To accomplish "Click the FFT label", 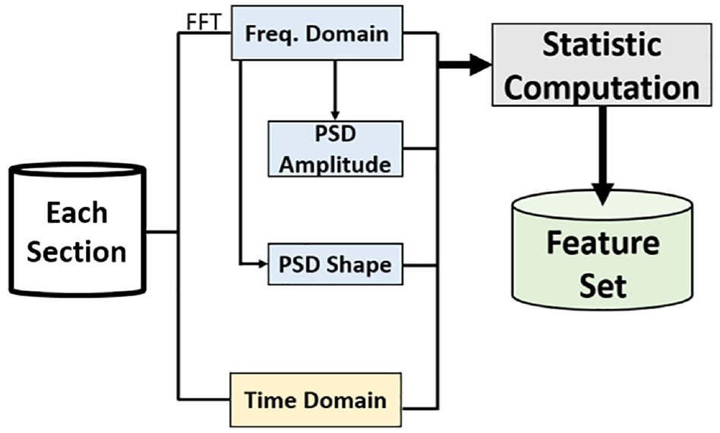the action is coord(204,21).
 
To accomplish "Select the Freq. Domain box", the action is coord(317,33).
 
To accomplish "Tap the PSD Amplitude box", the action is coord(335,149).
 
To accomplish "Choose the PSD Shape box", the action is coord(335,265).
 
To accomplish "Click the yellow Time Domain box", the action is coord(315,400).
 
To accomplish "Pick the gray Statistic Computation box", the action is coord(602,65).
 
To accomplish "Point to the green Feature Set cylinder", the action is coord(602,250).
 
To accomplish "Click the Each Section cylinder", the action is coord(77,229).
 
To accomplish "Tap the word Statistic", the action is coord(602,45).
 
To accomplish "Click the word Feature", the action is coord(603,243).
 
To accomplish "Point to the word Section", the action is coord(77,252).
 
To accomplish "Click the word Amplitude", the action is coord(335,165).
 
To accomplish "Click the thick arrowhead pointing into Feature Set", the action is coord(602,193).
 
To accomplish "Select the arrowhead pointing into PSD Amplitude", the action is coord(335,115).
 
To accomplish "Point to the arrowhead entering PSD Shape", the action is coord(263,264).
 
